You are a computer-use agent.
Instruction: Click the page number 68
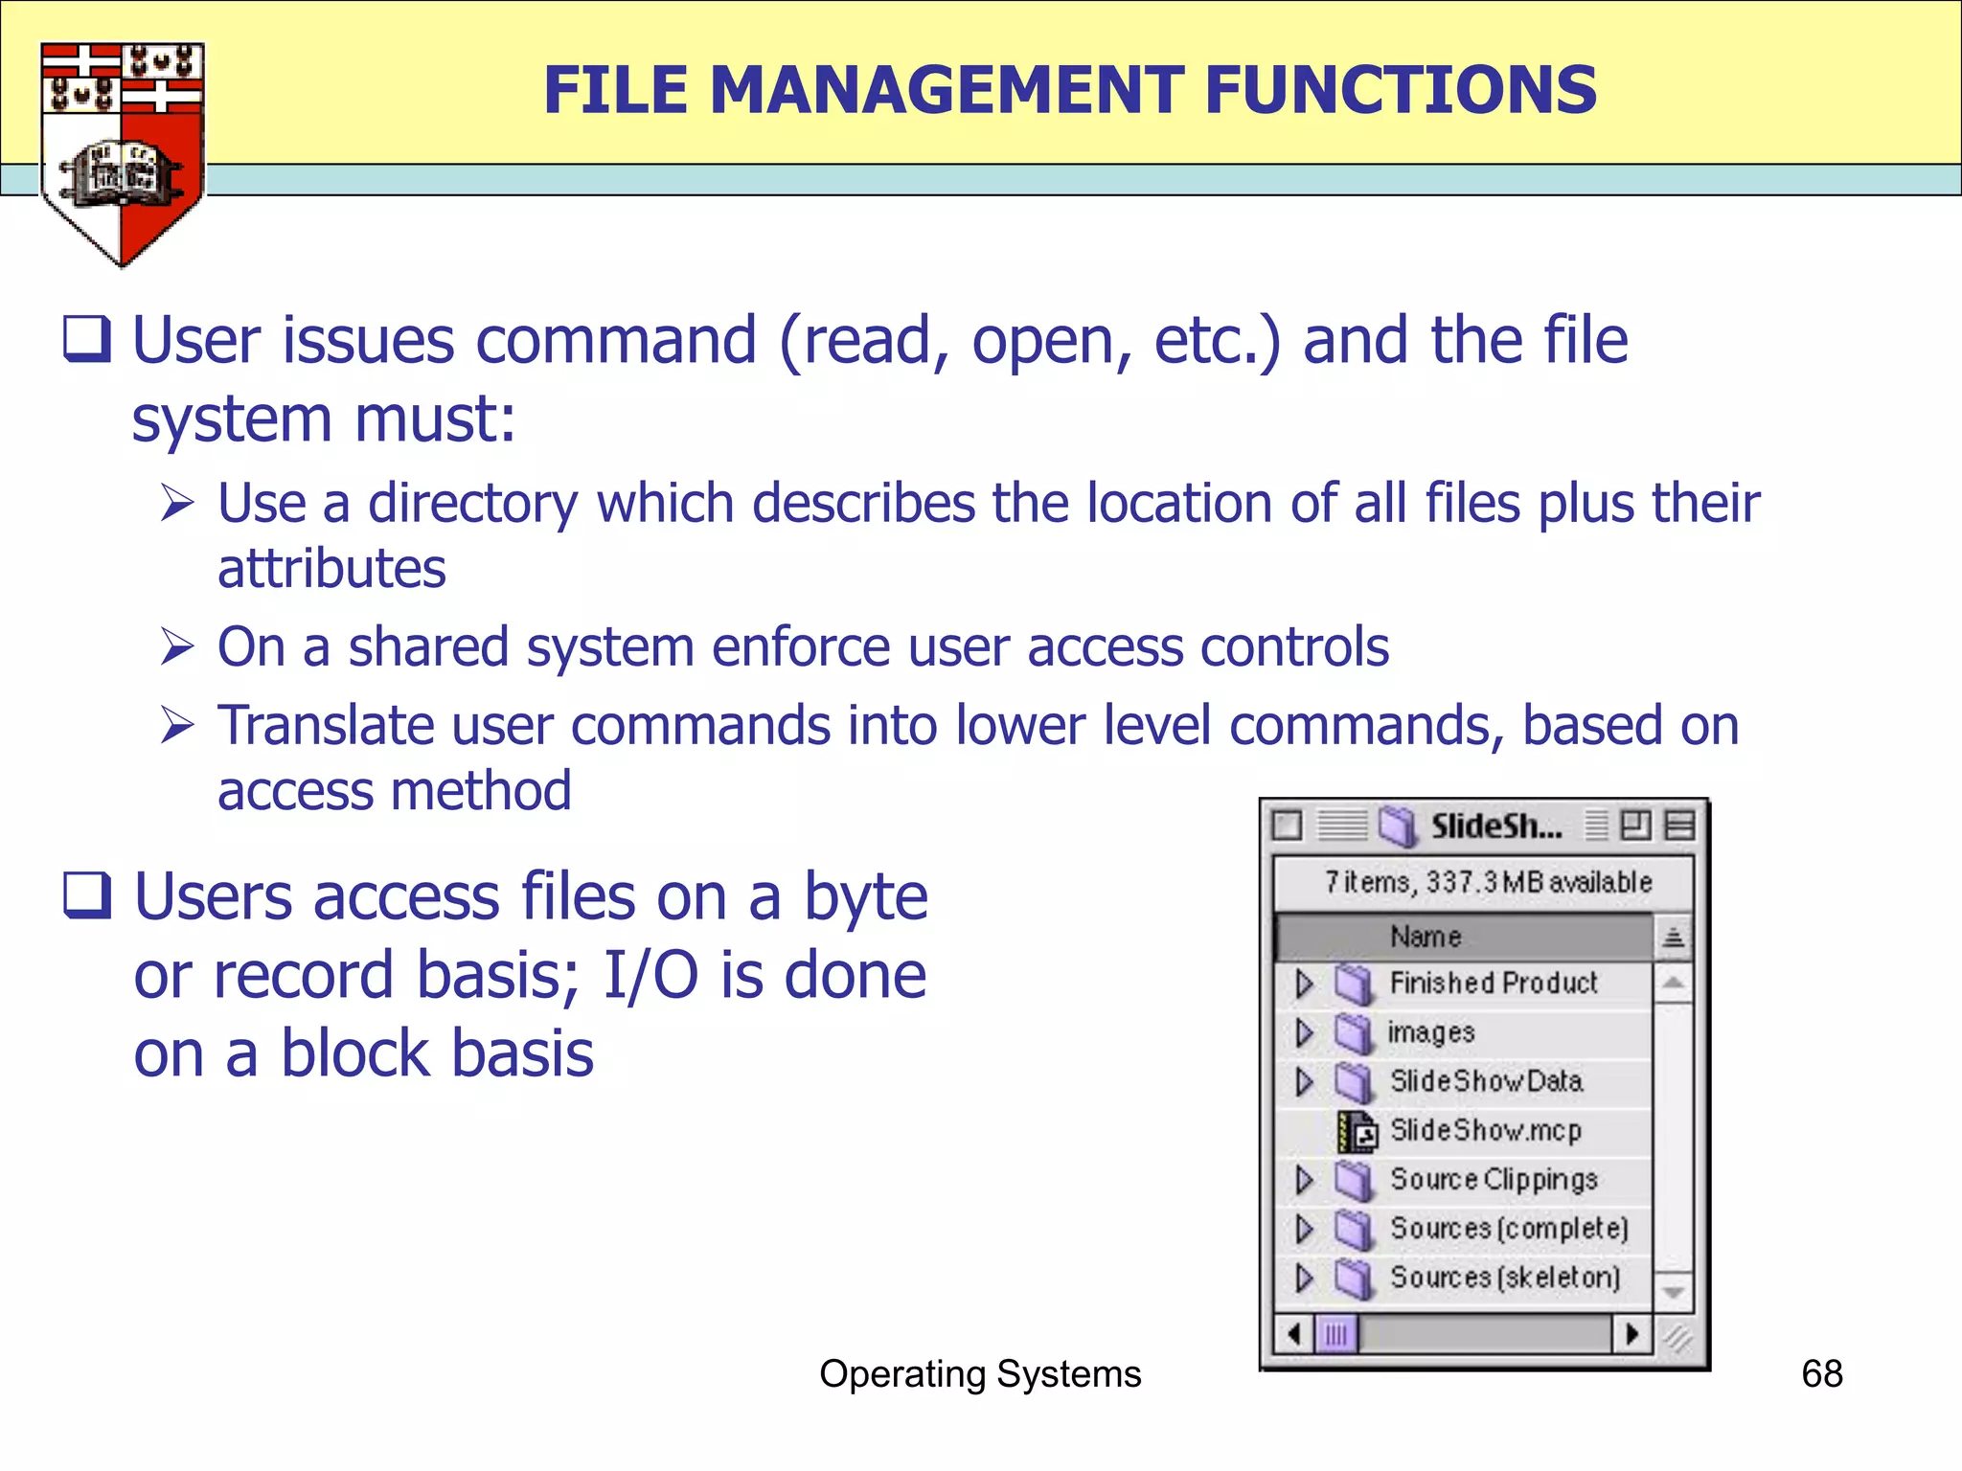coord(1821,1374)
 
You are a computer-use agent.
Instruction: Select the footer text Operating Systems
coord(980,1374)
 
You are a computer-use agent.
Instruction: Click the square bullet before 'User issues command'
coord(87,340)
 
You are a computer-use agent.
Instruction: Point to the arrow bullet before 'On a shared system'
coord(178,647)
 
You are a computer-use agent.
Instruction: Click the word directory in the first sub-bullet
coord(472,504)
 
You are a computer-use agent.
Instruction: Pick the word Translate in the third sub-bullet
coord(325,725)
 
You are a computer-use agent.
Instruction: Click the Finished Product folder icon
coord(1354,984)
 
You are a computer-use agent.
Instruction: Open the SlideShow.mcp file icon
coord(1357,1132)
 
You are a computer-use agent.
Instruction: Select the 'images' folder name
coord(1430,1032)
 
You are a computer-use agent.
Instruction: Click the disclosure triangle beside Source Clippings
coord(1304,1180)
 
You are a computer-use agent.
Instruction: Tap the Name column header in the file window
coord(1426,937)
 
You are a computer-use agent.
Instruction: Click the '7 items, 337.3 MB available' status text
coord(1488,882)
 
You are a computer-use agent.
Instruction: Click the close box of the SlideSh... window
coord(1288,826)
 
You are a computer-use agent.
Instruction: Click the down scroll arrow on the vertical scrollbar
coord(1673,1293)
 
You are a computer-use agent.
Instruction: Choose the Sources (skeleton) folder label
coord(1504,1278)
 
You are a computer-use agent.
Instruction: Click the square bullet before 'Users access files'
coord(87,895)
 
